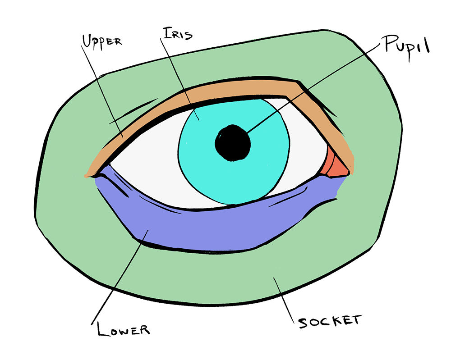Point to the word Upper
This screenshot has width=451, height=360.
point(101,41)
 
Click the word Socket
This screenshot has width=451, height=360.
point(329,321)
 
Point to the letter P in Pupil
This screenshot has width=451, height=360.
point(389,46)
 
